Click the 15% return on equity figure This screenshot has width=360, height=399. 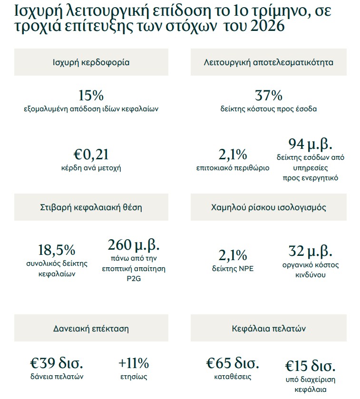coord(91,96)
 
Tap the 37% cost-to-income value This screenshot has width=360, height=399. coord(269,96)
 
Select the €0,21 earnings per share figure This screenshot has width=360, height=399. coord(91,155)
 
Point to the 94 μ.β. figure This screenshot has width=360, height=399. coord(310,144)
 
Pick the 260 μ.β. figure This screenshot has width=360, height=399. coord(134,245)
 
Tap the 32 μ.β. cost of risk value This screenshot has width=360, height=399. coord(310,251)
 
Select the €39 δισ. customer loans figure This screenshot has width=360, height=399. coord(56,364)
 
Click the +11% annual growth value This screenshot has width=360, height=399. coord(134,364)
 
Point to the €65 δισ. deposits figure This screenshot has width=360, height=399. coord(233,364)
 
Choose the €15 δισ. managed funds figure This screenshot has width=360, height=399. coord(310,366)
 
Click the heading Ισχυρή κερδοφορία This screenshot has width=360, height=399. coord(91,62)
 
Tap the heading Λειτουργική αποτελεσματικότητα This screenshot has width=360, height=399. coord(269,62)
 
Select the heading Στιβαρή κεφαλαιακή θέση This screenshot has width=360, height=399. coord(91,207)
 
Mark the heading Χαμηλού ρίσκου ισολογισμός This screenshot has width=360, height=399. coord(269,207)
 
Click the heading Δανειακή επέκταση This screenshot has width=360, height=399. coord(91,328)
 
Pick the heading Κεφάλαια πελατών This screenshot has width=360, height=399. coord(269,328)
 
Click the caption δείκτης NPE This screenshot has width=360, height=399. coord(233,269)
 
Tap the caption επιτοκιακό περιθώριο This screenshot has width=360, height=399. coord(233,168)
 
